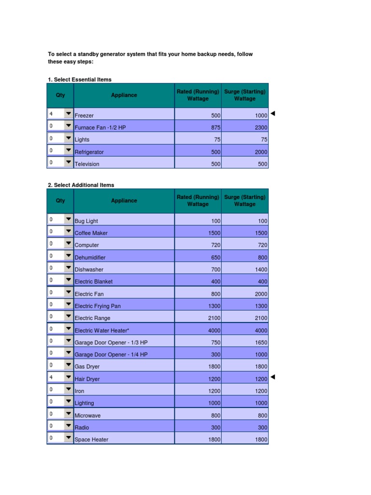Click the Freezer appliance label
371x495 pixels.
(85, 116)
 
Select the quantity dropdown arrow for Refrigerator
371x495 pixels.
(68, 150)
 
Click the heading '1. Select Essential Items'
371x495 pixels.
(80, 80)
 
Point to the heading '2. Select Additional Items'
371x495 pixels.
(81, 185)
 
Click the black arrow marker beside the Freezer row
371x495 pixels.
(272, 114)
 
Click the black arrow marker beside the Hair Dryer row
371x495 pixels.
(272, 377)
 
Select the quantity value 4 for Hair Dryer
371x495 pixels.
(51, 377)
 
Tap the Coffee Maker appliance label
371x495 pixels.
(91, 233)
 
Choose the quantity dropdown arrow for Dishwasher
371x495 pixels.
(68, 268)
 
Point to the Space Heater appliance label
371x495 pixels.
(91, 440)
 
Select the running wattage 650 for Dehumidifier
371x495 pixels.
(215, 258)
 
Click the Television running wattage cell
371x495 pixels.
(215, 164)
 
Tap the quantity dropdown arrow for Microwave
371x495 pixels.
(68, 414)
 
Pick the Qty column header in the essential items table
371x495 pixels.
(60, 95)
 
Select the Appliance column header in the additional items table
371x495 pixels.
(124, 201)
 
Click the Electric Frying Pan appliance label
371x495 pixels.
(98, 306)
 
